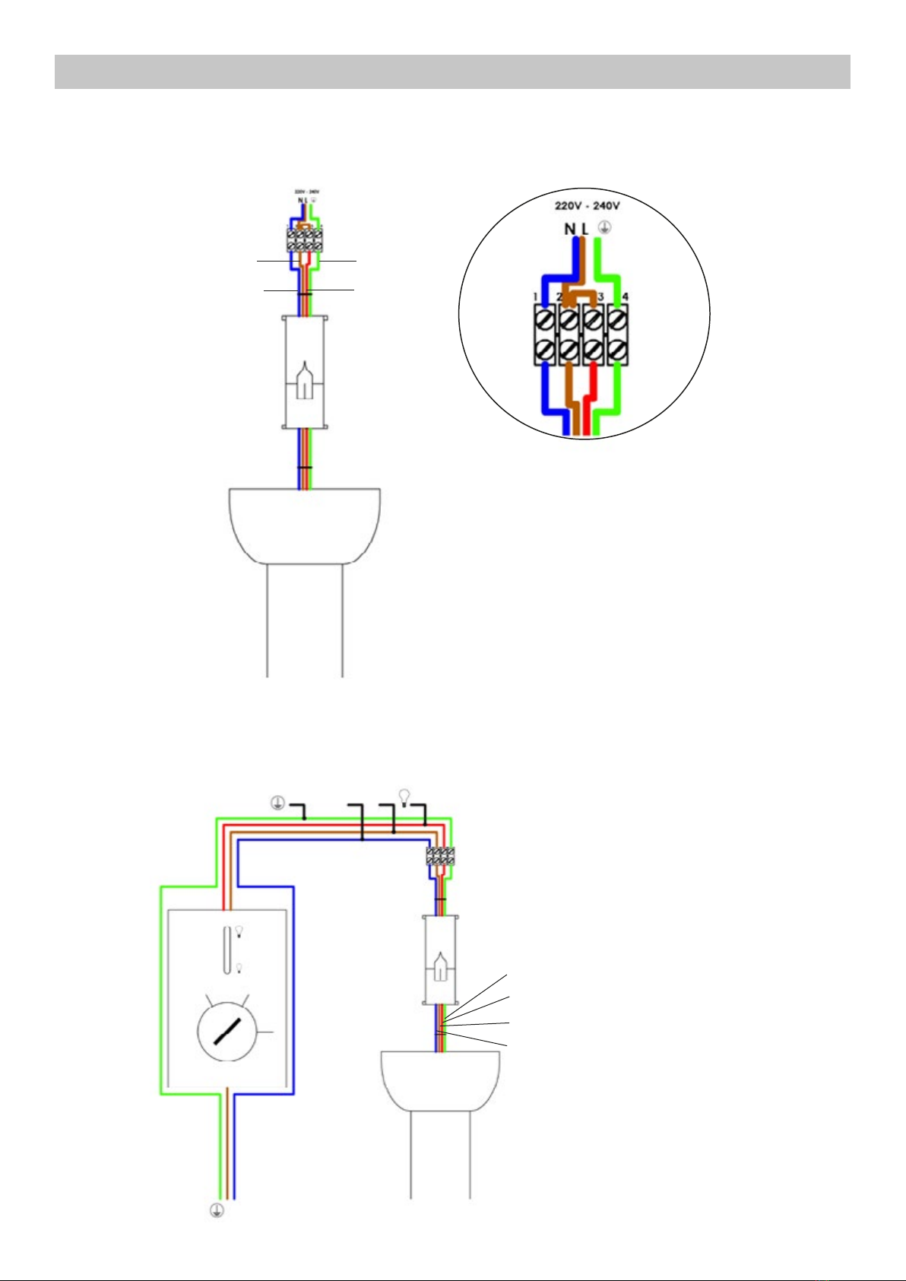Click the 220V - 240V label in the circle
[588, 206]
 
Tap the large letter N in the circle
[569, 228]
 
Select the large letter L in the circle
[584, 228]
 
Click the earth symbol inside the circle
[604, 227]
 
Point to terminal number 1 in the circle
[536, 296]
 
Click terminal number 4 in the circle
[625, 296]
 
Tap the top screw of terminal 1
[545, 320]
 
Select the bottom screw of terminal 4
[616, 350]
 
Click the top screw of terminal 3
[593, 320]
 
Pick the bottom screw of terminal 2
[569, 350]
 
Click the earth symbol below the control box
[217, 1211]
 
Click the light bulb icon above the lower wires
[404, 796]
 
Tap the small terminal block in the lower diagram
[440, 856]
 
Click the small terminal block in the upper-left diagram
[304, 241]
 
